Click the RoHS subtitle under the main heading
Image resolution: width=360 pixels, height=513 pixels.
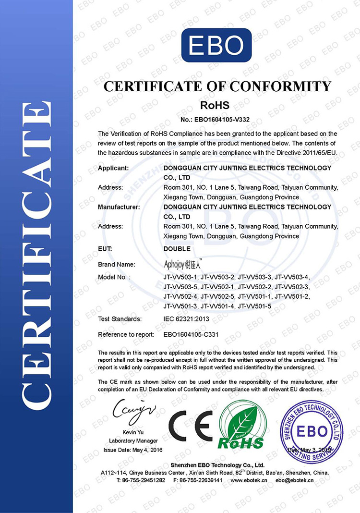tap(215, 105)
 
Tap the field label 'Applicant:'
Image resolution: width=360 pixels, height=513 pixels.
tap(113, 168)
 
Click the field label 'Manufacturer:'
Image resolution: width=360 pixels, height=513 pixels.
tap(119, 207)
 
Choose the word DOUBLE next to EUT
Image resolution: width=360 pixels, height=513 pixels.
tap(177, 249)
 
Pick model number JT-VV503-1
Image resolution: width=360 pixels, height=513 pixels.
tap(180, 277)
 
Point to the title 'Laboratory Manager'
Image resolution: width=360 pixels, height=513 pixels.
tap(133, 440)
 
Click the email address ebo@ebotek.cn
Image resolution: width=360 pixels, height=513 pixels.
tap(295, 480)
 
